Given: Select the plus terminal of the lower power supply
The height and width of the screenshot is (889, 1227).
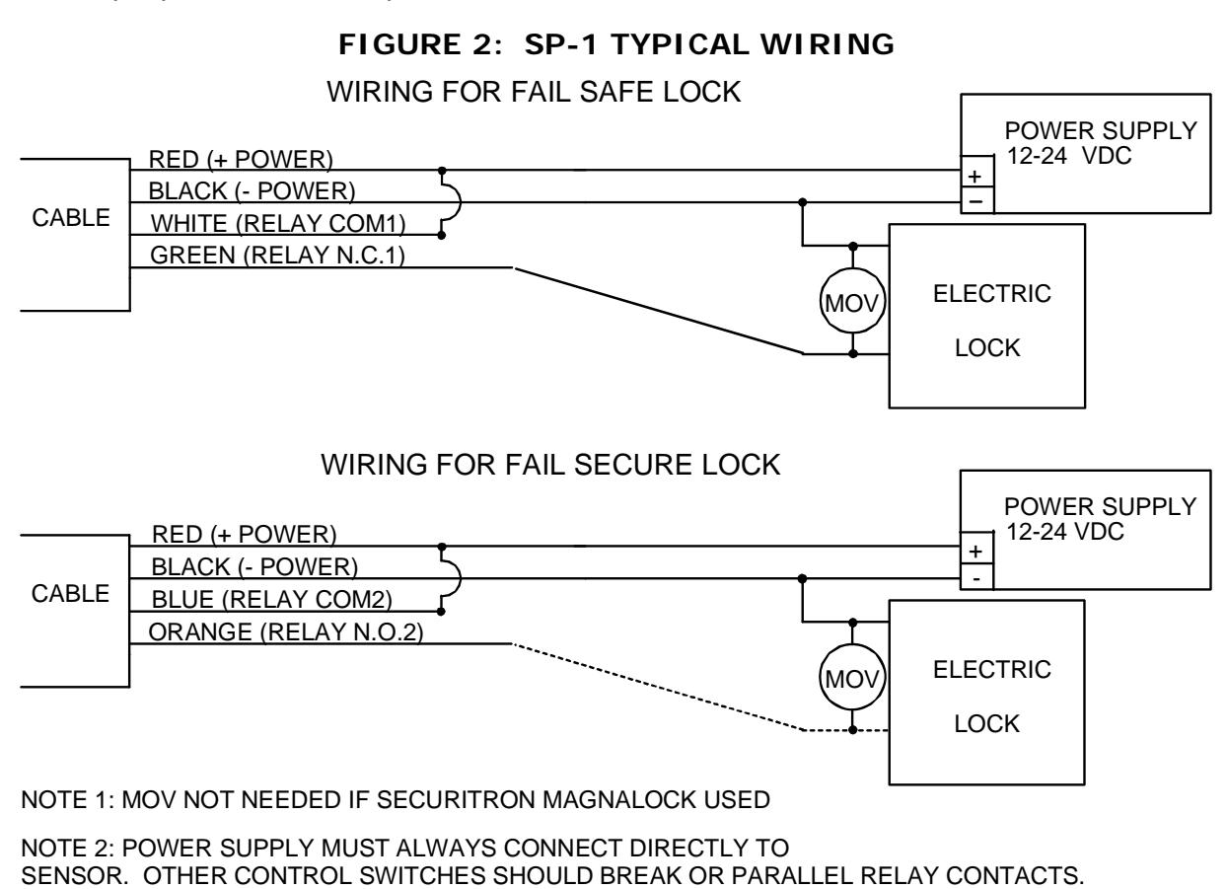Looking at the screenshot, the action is coord(975,552).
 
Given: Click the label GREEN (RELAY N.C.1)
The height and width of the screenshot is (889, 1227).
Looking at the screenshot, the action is coord(277,256).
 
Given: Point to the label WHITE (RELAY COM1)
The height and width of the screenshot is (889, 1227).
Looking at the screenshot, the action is coord(278,224).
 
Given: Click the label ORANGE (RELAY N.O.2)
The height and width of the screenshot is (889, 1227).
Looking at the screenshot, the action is coord(286,631).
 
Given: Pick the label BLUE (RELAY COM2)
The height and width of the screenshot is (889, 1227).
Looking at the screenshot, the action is coord(271,599).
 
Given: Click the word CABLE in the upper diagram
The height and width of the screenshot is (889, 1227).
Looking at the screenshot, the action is coord(71,218).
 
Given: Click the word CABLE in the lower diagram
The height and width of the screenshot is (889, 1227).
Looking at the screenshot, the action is coord(71,594).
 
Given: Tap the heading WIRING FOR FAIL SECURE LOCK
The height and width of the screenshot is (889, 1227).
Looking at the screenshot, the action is coord(550,465).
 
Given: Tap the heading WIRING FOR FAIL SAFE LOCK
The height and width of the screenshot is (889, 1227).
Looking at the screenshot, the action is coord(534,92).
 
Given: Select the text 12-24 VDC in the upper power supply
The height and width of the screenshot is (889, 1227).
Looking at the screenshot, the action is coord(1069,156).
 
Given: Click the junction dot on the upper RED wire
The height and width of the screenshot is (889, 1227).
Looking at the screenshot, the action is coord(442,171).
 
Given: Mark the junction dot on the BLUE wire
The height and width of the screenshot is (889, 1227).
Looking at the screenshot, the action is coord(441,612).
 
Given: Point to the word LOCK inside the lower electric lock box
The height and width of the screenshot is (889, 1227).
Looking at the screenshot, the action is coord(987,724).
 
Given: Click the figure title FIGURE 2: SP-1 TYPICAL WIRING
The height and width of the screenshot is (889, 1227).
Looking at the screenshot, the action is coord(616,44).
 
